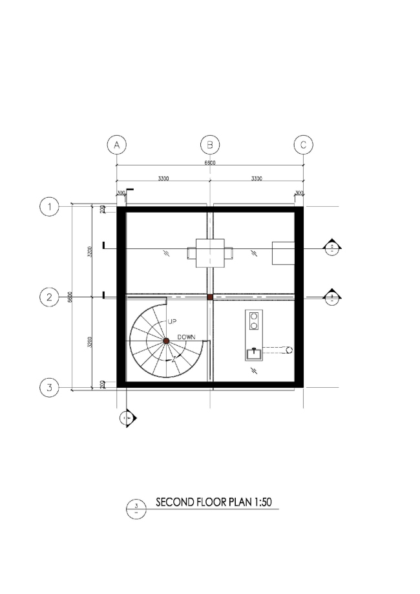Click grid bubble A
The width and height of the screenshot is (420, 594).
pos(116,144)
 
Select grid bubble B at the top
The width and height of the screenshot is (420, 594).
pos(210,144)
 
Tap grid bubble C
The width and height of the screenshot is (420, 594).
pos(303,144)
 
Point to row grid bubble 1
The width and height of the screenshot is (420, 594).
pos(49,207)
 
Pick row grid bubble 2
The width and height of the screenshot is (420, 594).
pos(49,297)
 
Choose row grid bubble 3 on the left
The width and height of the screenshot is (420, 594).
pos(49,388)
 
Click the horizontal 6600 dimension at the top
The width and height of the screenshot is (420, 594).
pos(210,162)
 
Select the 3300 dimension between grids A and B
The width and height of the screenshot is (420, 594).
pos(163,178)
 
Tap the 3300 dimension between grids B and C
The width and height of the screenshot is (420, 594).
pos(257,178)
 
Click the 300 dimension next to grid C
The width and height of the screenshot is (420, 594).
pos(299,193)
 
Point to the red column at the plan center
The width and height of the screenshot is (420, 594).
pos(210,297)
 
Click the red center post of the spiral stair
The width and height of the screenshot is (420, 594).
pos(166,340)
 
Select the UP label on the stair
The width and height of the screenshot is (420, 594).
pos(172,321)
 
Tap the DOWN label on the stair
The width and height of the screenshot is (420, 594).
pos(186,337)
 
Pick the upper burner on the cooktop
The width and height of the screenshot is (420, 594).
pos(253,316)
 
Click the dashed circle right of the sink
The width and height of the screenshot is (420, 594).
pos(289,350)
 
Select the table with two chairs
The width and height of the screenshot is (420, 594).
pos(210,253)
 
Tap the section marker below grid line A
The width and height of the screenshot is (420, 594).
pos(127,418)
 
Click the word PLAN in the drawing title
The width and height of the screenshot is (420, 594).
pos(242,502)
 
